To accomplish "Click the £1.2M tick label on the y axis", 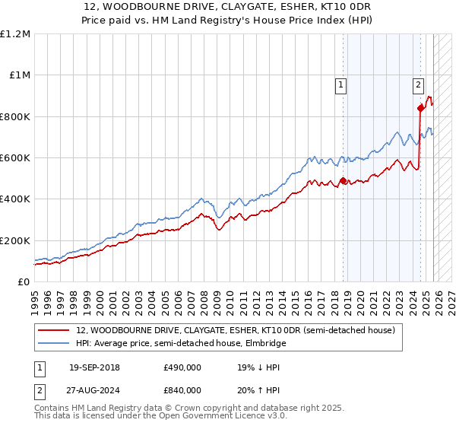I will pyautogui.click(x=15, y=33).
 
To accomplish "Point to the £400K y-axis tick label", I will pyautogui.click(x=15, y=199).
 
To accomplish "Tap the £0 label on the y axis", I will pyautogui.click(x=23, y=282).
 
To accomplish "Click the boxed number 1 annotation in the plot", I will pyautogui.click(x=342, y=85).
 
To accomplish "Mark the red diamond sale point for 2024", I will pyautogui.click(x=420, y=108).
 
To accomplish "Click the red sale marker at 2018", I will pyautogui.click(x=343, y=181).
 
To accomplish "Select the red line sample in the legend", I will pyautogui.click(x=53, y=331).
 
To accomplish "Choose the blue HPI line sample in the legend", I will pyautogui.click(x=53, y=344).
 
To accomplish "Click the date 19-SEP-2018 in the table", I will pyautogui.click(x=94, y=367).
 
